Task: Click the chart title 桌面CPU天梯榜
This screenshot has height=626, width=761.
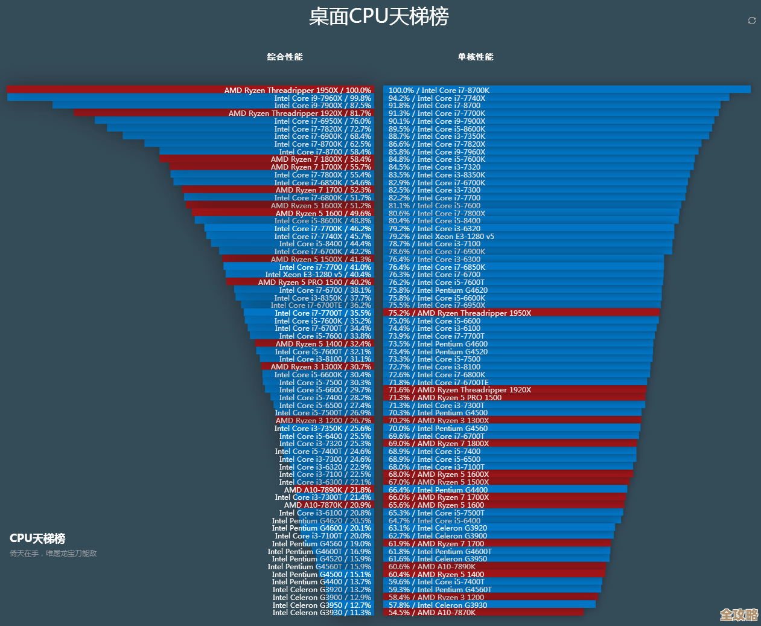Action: [379, 16]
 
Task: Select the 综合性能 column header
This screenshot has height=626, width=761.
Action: [285, 57]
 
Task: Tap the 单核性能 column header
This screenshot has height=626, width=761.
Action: [476, 57]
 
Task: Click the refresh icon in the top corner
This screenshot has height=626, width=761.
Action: [751, 21]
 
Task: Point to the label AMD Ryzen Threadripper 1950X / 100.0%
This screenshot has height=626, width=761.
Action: [298, 90]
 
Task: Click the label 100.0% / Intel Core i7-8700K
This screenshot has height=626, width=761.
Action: [439, 90]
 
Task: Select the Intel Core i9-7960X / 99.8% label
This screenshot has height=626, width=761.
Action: [322, 98]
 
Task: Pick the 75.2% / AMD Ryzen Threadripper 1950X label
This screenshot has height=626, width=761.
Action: [460, 313]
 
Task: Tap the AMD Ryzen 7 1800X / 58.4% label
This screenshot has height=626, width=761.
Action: [320, 159]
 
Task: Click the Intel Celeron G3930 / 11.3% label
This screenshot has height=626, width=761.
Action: [322, 612]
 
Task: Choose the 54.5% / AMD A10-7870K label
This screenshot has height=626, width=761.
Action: [432, 612]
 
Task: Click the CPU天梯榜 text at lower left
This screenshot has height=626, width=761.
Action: [37, 538]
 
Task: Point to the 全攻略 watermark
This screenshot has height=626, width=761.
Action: [739, 615]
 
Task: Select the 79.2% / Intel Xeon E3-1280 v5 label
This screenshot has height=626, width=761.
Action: [441, 236]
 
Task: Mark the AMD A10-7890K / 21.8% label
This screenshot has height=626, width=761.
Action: [328, 490]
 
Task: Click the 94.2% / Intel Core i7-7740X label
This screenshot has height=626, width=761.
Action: [437, 98]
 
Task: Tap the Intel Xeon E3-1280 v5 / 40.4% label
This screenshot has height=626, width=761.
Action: [318, 274]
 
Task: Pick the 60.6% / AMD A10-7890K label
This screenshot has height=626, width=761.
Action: [432, 566]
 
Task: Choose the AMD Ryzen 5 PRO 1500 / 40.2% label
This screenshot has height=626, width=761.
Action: [314, 282]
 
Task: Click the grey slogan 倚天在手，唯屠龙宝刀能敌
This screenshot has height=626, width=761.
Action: [53, 553]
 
